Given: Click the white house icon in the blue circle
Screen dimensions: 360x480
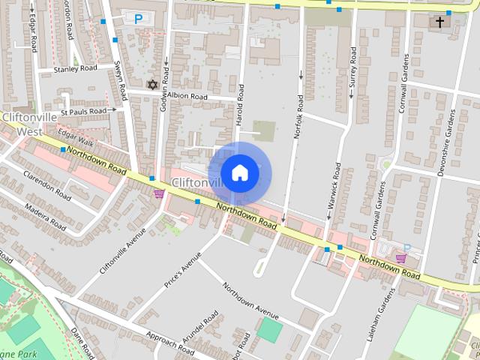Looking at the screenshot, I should tap(239, 172).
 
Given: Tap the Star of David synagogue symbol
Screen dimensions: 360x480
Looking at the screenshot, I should tap(153, 84).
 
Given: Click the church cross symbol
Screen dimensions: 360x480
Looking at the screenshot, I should tap(439, 22).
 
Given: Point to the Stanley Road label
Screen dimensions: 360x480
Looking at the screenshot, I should tap(76, 68).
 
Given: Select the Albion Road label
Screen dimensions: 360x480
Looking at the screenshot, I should tap(187, 97).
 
